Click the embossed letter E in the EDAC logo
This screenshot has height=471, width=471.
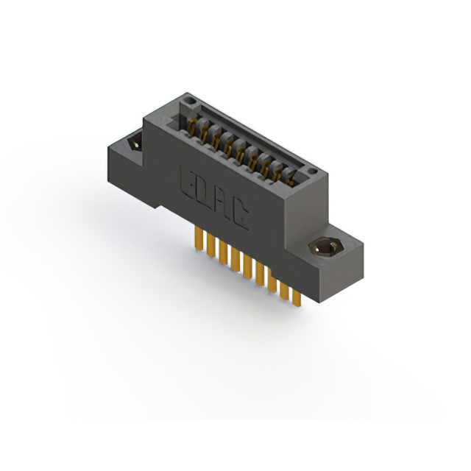pyautogui.click(x=186, y=182)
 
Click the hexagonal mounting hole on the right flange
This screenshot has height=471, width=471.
pyautogui.click(x=324, y=247)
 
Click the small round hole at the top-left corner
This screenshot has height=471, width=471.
pyautogui.click(x=188, y=101)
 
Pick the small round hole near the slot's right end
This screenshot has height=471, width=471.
pyautogui.click(x=312, y=171)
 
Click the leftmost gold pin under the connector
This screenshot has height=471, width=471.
pyautogui.click(x=198, y=238)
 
